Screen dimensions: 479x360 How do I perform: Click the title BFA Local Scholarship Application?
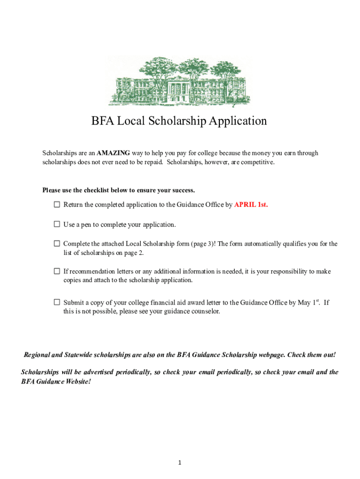[x=179, y=121]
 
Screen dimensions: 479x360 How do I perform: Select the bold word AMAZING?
[x=114, y=153]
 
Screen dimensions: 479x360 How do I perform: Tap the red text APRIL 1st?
[x=251, y=204]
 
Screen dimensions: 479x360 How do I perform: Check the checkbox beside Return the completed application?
[x=57, y=204]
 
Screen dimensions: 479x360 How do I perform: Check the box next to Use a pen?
[x=57, y=225]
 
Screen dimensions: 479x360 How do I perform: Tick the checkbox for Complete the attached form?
[x=57, y=244]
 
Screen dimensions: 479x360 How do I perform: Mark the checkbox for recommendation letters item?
[x=57, y=271]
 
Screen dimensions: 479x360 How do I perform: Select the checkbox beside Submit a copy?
[x=57, y=302]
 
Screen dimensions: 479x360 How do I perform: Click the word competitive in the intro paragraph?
[x=256, y=162]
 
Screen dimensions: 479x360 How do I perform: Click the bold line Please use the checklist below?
[x=118, y=190]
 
